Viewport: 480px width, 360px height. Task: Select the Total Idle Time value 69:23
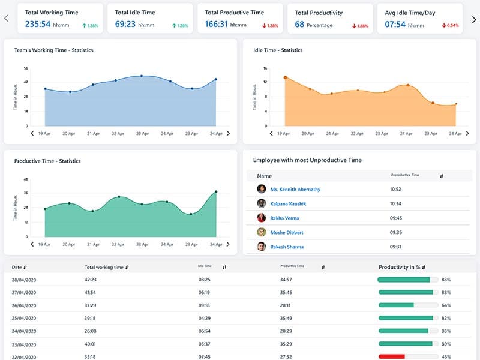[x=125, y=25]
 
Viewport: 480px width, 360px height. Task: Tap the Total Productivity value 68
[x=299, y=25]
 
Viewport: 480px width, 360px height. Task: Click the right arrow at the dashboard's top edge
[x=473, y=19]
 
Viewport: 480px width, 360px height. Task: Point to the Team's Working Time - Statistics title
[x=53, y=50]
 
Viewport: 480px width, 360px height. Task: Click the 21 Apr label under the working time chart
[x=93, y=134]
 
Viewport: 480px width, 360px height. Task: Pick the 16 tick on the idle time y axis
[x=265, y=68]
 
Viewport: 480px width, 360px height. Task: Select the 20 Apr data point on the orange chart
[x=310, y=89]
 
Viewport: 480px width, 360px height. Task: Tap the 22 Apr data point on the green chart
[x=119, y=197]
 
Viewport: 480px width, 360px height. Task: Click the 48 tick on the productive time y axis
[x=26, y=179]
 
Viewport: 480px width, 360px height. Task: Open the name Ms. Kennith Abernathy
[x=295, y=189]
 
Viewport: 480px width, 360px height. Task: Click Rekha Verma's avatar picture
[x=262, y=218]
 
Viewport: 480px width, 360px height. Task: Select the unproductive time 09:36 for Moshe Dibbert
[x=395, y=232]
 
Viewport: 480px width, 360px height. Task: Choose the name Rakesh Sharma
[x=287, y=247]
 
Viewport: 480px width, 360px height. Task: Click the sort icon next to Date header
[x=25, y=267]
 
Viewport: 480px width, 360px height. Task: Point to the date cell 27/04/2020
[x=24, y=292]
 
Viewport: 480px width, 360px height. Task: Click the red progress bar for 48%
[x=392, y=356]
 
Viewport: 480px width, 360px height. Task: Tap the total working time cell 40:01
[x=91, y=344]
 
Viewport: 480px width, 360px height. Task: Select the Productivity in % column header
[x=402, y=267]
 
